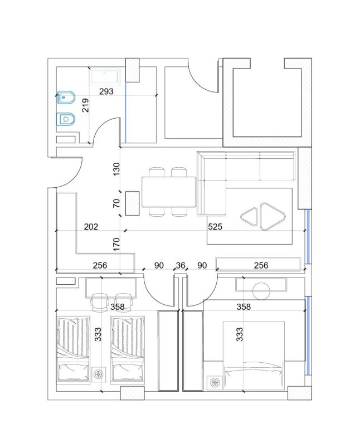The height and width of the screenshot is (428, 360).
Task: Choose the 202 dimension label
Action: [x=91, y=227]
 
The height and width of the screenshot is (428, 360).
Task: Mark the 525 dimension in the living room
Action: [x=215, y=227]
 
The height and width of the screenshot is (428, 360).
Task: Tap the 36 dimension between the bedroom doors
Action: [x=180, y=266]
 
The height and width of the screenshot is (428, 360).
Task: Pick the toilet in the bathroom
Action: [x=66, y=119]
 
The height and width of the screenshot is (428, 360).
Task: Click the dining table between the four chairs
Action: [x=169, y=191]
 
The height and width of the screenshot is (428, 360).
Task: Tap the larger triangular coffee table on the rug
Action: [x=272, y=217]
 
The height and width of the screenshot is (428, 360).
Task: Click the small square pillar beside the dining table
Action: [x=132, y=203]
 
